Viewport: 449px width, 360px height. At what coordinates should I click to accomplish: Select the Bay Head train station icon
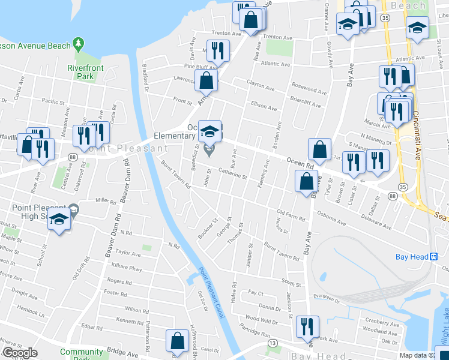pos(435,257)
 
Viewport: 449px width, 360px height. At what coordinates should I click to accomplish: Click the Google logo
pos(20,353)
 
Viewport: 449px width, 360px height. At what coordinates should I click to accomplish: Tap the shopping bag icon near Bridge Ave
pos(179,341)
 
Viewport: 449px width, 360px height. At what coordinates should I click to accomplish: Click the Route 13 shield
pos(273,343)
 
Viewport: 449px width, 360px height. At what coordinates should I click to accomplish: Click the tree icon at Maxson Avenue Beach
pos(77,44)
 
